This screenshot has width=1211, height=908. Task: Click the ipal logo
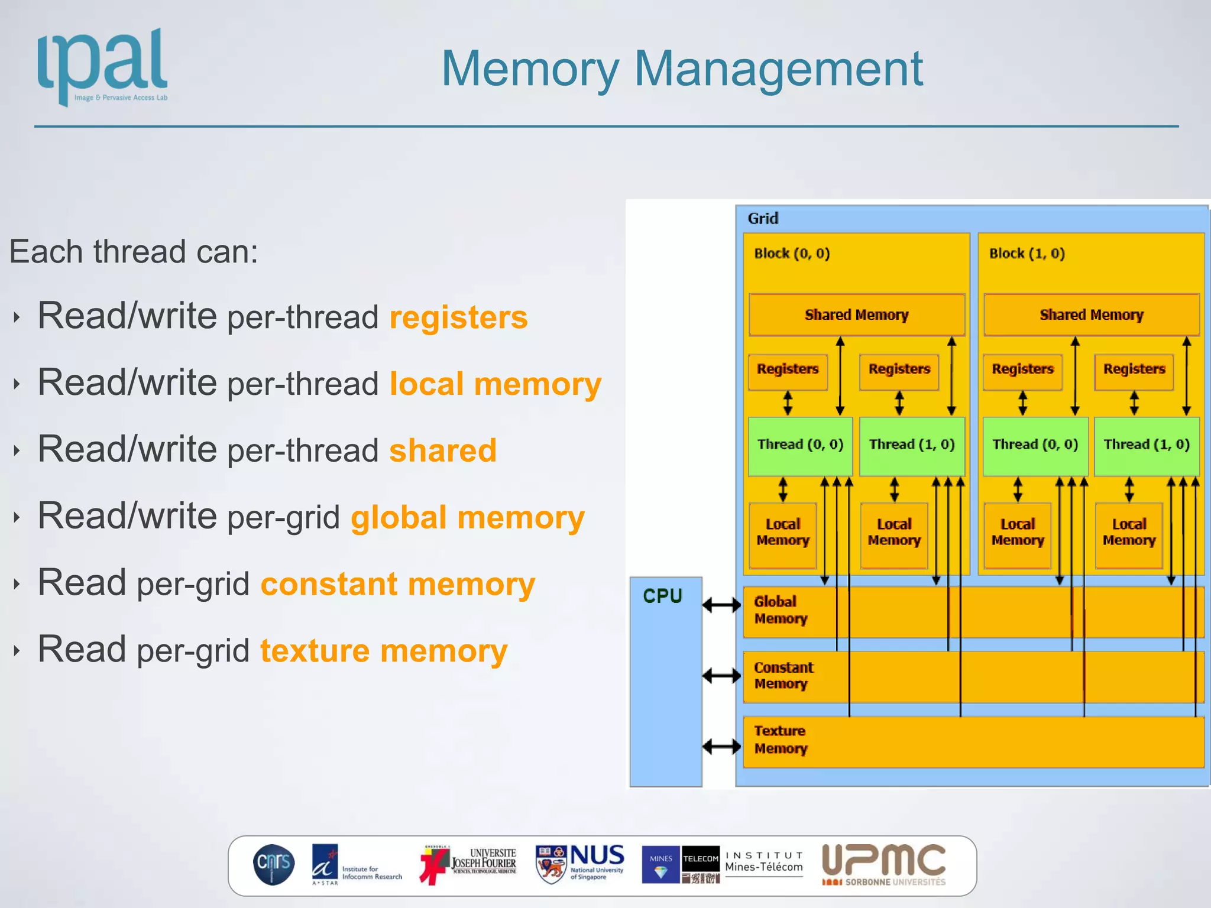point(102,66)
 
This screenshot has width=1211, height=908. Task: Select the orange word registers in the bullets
point(458,317)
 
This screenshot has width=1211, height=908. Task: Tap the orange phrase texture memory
point(384,651)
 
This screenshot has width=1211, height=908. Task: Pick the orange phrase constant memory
point(397,584)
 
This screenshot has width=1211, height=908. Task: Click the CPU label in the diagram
point(662,596)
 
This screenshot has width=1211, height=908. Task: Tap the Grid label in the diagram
point(763,219)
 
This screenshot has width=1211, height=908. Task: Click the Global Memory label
point(780,610)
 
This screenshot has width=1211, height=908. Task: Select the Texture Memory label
point(780,740)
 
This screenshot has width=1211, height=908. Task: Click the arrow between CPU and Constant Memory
point(721,675)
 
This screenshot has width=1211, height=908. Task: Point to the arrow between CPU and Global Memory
point(721,605)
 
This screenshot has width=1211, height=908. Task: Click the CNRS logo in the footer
point(273,864)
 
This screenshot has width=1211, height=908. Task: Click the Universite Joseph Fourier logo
point(468,864)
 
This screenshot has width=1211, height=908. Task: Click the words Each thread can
point(134,252)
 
